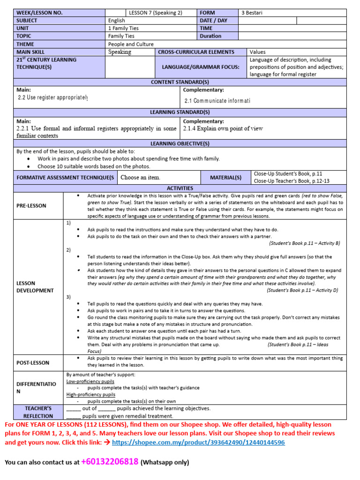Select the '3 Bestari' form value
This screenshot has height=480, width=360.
click(252, 13)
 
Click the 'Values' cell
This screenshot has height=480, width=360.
click(258, 52)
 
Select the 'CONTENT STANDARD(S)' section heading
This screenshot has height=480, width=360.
click(180, 82)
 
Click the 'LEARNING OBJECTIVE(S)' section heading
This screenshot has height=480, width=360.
click(180, 143)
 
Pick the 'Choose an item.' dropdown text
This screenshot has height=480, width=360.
click(140, 178)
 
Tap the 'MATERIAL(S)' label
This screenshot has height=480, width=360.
click(226, 178)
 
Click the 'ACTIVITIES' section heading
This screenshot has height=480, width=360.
click(180, 188)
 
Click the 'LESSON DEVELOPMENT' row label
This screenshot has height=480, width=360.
click(35, 287)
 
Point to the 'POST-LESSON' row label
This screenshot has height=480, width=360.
click(33, 362)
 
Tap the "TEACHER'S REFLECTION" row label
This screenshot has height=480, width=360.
click(38, 412)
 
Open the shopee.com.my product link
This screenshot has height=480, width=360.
click(198, 442)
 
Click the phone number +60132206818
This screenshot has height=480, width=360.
click(110, 462)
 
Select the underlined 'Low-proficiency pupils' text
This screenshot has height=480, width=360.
click(90, 382)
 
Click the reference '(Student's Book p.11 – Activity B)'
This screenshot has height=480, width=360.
click(304, 243)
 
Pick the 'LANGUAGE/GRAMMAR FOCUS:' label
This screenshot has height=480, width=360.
click(201, 67)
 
